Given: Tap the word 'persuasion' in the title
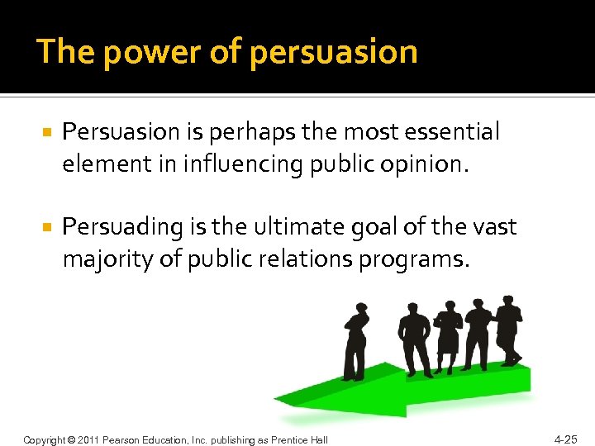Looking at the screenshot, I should click(x=333, y=52).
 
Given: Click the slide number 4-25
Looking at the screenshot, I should click(x=566, y=439).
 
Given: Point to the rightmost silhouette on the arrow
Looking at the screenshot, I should click(x=509, y=330).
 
